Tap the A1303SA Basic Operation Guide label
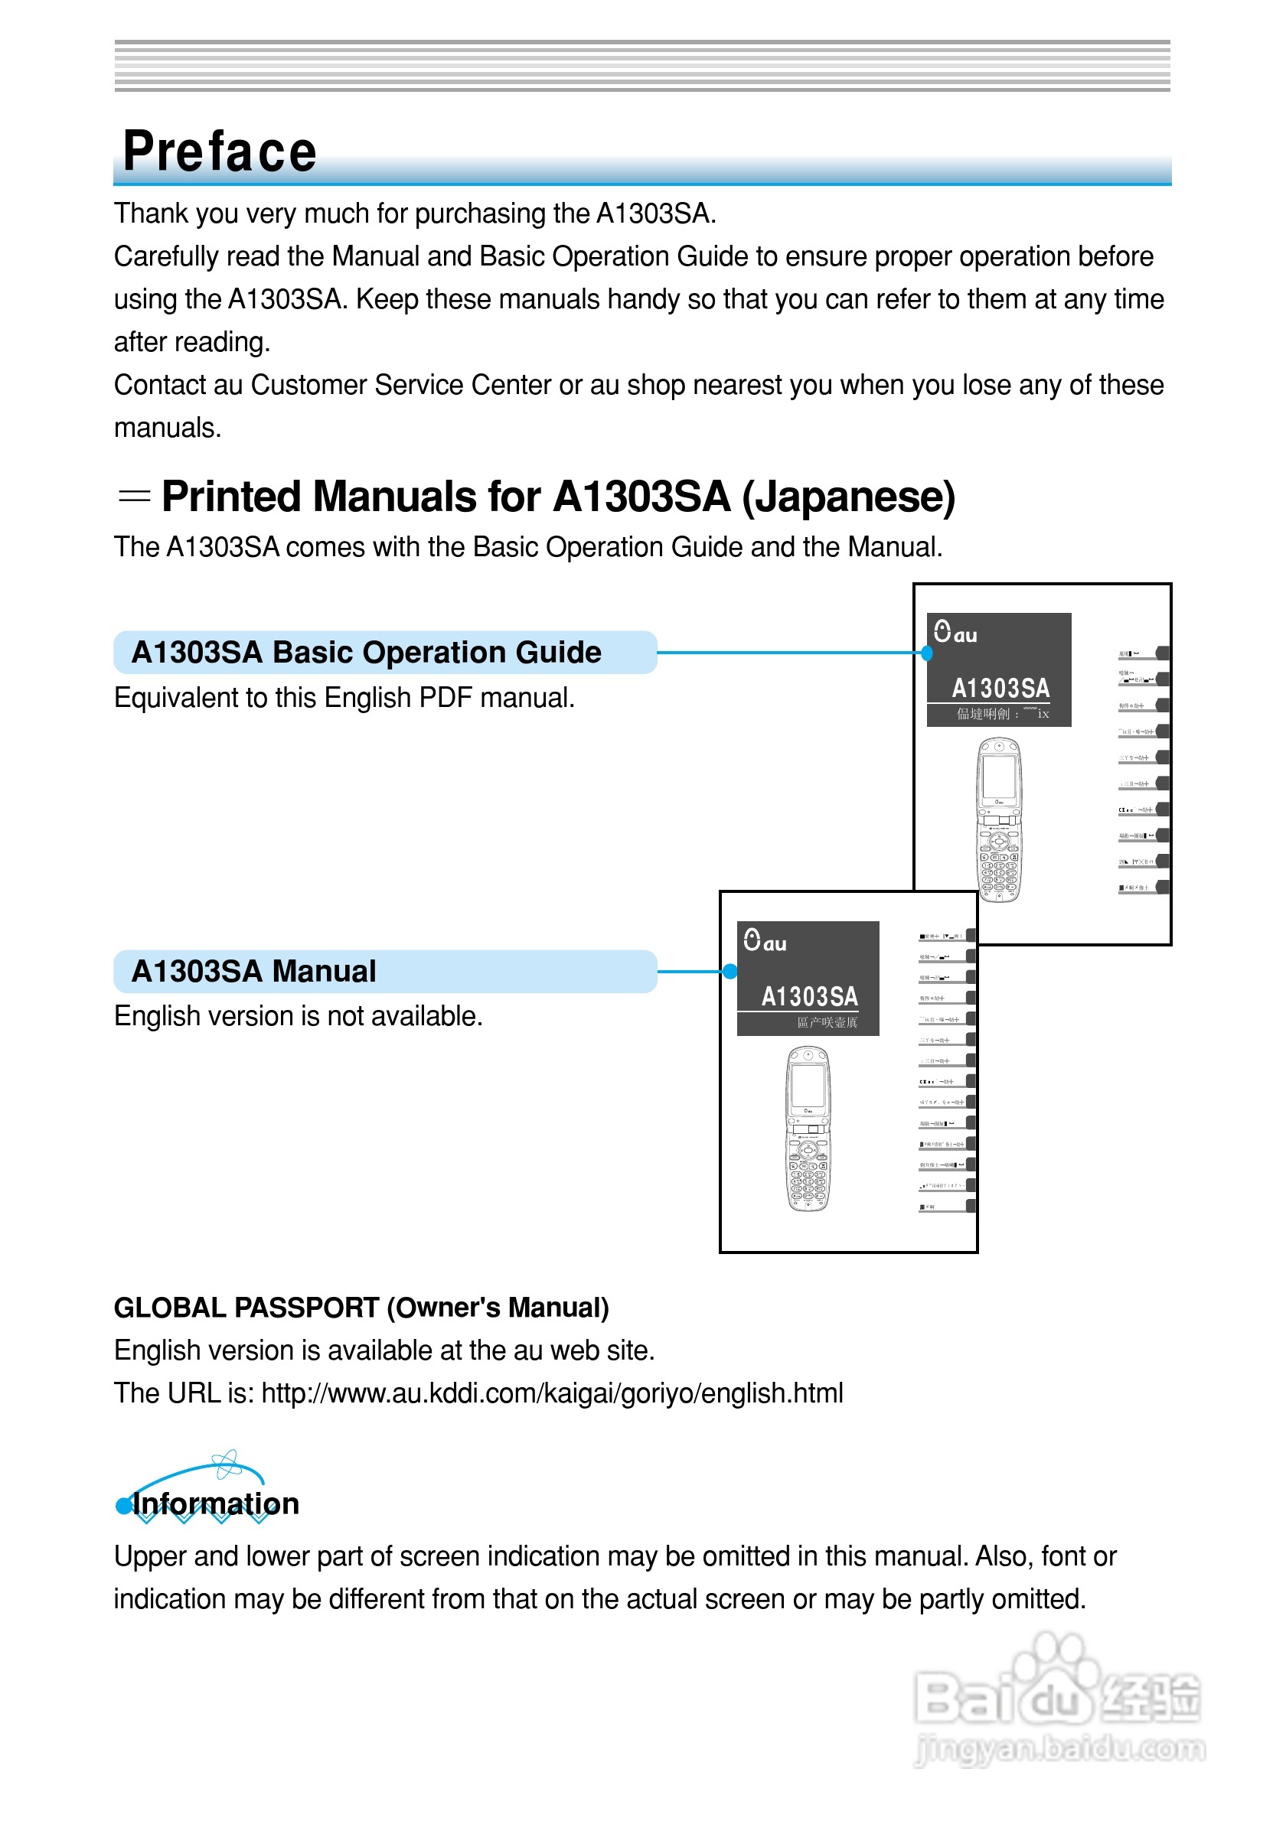click(x=366, y=652)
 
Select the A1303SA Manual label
click(x=253, y=971)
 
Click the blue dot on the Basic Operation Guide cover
click(x=927, y=653)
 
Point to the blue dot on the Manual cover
click(x=729, y=972)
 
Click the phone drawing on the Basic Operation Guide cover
click(x=999, y=819)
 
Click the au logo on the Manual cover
click(x=765, y=941)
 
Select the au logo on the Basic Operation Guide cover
click(x=955, y=633)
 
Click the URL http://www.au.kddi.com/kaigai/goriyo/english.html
click(x=552, y=1393)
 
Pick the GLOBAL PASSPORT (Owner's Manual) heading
click(x=361, y=1307)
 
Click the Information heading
click(x=215, y=1503)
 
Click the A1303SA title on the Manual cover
click(x=809, y=996)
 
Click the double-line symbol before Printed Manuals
click(x=133, y=497)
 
